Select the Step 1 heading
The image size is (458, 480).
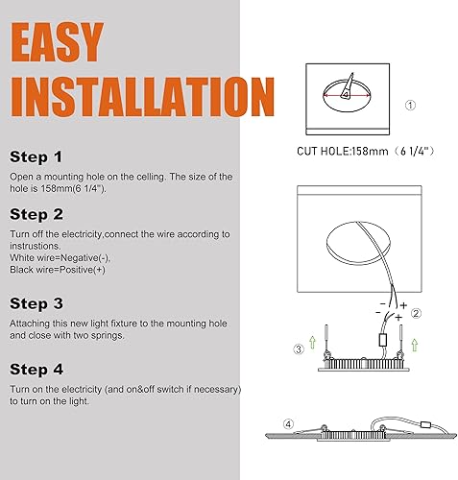(x=36, y=156)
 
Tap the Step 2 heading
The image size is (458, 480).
(x=37, y=214)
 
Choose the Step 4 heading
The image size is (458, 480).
(x=37, y=368)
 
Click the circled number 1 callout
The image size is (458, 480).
(x=410, y=105)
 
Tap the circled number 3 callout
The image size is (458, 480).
(x=298, y=348)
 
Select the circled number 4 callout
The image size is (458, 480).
(x=287, y=423)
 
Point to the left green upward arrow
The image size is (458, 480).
(x=311, y=347)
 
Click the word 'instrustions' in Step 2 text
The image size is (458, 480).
(x=39, y=246)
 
